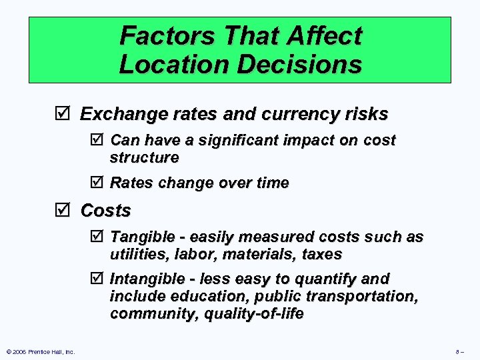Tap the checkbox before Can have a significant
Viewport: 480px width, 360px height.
97,141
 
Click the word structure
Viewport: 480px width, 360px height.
144,158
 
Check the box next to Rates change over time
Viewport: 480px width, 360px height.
97,183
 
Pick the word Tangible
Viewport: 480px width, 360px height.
139,237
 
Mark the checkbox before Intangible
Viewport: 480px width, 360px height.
97,279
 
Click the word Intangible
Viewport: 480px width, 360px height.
145,279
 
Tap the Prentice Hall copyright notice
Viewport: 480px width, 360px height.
40,351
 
